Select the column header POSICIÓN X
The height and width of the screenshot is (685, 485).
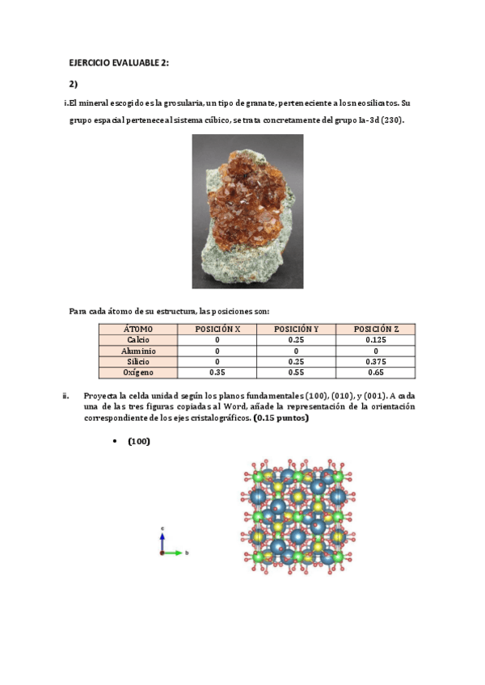(217, 329)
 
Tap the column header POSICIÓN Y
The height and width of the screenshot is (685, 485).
(296, 329)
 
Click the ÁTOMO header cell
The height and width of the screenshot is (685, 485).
(138, 329)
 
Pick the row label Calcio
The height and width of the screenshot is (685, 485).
(138, 340)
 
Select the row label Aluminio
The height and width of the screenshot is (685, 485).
(138, 351)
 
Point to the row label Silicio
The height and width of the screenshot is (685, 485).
(138, 362)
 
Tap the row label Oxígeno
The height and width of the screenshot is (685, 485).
(138, 372)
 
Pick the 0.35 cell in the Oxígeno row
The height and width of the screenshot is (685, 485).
(217, 372)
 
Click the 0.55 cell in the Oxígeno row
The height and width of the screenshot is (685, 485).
(296, 372)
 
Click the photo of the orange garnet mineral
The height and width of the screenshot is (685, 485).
(247, 211)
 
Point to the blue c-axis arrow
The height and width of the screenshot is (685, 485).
(162, 540)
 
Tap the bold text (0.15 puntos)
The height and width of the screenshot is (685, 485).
(280, 418)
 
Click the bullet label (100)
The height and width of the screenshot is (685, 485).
(139, 441)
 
